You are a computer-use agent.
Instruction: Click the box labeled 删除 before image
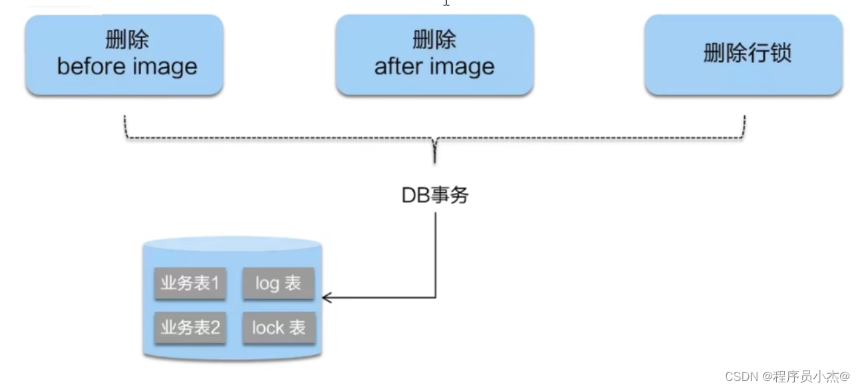pyautogui.click(x=124, y=55)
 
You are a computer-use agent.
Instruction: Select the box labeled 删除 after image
pyautogui.click(x=434, y=55)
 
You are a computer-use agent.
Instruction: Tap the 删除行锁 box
pyautogui.click(x=744, y=55)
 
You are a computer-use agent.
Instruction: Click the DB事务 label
pyautogui.click(x=435, y=195)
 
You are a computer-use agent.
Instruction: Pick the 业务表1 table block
pyautogui.click(x=190, y=283)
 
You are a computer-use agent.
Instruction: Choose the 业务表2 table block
pyautogui.click(x=190, y=327)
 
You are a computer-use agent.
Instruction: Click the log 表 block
pyautogui.click(x=278, y=283)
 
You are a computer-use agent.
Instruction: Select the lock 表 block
pyautogui.click(x=279, y=327)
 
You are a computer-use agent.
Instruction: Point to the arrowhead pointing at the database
pyautogui.click(x=327, y=297)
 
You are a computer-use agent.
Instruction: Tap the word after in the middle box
pyautogui.click(x=398, y=67)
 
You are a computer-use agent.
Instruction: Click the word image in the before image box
pyautogui.click(x=164, y=67)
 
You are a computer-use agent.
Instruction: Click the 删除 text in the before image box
pyautogui.click(x=127, y=41)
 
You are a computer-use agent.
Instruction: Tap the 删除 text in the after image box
pyautogui.click(x=434, y=41)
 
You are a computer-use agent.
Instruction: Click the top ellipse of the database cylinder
pyautogui.click(x=232, y=245)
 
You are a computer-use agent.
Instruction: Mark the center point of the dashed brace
pyautogui.click(x=435, y=141)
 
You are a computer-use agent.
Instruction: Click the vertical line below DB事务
pyautogui.click(x=436, y=253)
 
